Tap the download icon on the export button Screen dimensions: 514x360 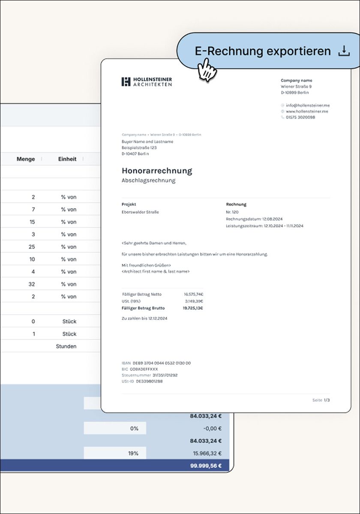click(x=344, y=51)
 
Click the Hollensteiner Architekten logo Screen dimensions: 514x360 click(x=147, y=82)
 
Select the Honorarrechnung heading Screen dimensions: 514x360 click(x=157, y=170)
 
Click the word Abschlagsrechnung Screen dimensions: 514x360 click(x=148, y=180)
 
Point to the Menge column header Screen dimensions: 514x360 click(x=26, y=159)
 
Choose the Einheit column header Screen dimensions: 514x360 click(x=67, y=159)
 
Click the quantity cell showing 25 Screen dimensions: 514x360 click(x=32, y=247)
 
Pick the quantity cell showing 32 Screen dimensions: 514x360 click(x=32, y=284)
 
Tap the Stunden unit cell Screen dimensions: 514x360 click(x=66, y=346)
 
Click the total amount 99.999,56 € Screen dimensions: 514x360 click(x=206, y=466)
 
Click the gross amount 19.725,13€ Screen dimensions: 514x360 click(x=193, y=308)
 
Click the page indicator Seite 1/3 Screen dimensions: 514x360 click(x=321, y=400)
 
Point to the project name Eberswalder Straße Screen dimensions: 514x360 click(x=140, y=212)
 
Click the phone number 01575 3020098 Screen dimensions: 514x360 click(x=300, y=117)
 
